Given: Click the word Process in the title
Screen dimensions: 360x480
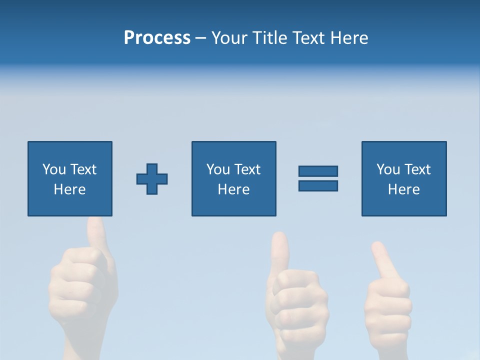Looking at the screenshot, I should click(x=157, y=38).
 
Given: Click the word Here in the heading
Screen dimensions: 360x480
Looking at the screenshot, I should click(x=350, y=38).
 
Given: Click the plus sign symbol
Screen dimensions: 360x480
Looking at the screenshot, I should click(x=152, y=179).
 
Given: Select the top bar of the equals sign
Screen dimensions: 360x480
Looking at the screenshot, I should click(x=318, y=171).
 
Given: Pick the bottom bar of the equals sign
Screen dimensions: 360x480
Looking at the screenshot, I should click(x=318, y=185).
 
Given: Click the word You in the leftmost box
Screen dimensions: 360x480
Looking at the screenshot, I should click(x=54, y=169).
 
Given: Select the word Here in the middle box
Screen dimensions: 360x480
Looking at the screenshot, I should click(x=234, y=189).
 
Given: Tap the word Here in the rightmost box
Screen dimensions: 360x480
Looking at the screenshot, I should click(x=404, y=189).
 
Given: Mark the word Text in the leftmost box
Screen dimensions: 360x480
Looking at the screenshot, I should click(x=83, y=169).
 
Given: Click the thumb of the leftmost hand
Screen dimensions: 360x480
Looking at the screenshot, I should click(x=96, y=232).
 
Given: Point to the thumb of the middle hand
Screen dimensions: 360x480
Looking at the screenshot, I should click(x=280, y=250).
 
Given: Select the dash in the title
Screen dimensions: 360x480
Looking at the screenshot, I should click(x=200, y=38).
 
